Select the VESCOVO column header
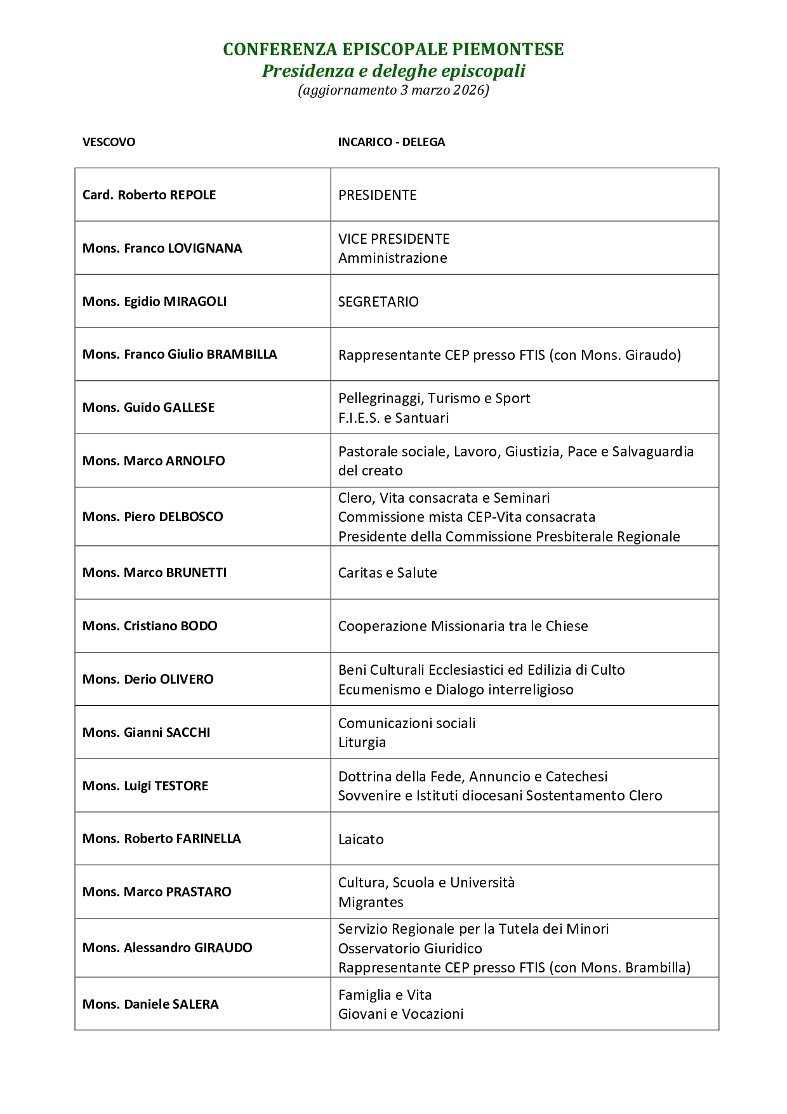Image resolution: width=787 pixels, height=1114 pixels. [x=109, y=142]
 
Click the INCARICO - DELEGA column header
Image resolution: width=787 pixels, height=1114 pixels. [x=391, y=142]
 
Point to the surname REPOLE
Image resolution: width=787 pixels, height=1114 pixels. [x=192, y=195]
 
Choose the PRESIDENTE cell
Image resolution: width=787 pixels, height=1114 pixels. [x=377, y=195]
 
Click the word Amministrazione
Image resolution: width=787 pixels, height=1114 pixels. [x=392, y=258]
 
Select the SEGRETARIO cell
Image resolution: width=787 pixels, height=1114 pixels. [x=378, y=302]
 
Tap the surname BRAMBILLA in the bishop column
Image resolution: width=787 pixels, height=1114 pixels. [x=242, y=354]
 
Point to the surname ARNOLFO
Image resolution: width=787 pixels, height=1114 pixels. [x=195, y=461]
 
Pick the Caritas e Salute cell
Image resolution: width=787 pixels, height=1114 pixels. [x=387, y=573]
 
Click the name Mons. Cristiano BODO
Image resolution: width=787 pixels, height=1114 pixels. [x=150, y=626]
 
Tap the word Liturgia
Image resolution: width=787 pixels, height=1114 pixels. [x=362, y=742]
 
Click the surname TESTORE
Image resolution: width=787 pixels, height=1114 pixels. [x=182, y=786]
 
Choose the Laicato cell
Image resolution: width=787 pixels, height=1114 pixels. [x=360, y=839]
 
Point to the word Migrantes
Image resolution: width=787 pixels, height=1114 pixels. [x=371, y=902]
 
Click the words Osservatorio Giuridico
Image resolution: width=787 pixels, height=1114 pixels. [x=410, y=948]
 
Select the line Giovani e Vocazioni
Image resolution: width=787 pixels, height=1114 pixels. [x=400, y=1014]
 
